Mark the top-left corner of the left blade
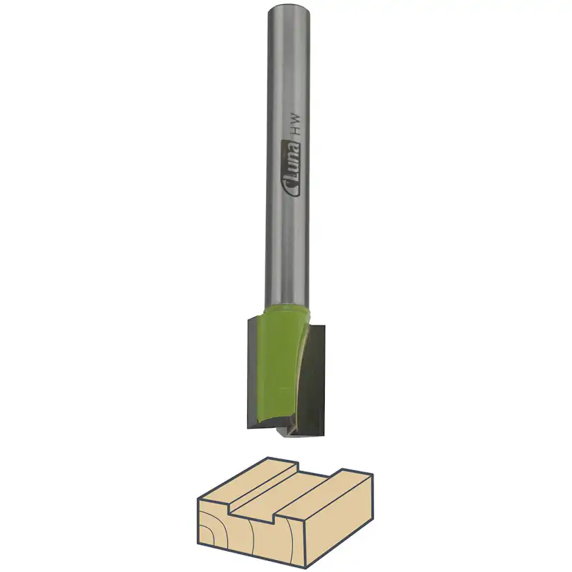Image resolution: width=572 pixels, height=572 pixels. pyautogui.click(x=247, y=319)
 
